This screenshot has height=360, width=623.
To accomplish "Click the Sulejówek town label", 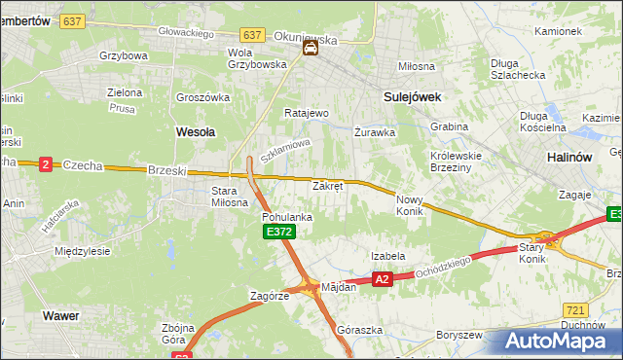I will coord(413,96).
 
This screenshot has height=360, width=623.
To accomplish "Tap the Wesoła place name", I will coord(195,129).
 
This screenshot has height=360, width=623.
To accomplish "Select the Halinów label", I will coord(569,158).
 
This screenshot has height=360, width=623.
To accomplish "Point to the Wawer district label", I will coord(59,316).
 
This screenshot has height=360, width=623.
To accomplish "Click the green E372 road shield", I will coord(278,232).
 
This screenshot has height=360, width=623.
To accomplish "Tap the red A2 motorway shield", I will coord(382,279).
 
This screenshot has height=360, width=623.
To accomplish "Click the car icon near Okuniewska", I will coord(310,48).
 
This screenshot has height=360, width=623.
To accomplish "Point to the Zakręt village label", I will coord(327,185).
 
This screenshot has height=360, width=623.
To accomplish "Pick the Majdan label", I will coord(339,287).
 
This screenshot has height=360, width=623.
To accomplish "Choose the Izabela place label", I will coord(387,256).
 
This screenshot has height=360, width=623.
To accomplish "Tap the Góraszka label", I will coord(353,330).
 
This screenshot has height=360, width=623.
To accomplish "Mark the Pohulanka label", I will coord(287,217).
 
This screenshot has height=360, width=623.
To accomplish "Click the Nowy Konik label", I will coord(409,204).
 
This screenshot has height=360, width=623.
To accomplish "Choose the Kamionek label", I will coord(557,30).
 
